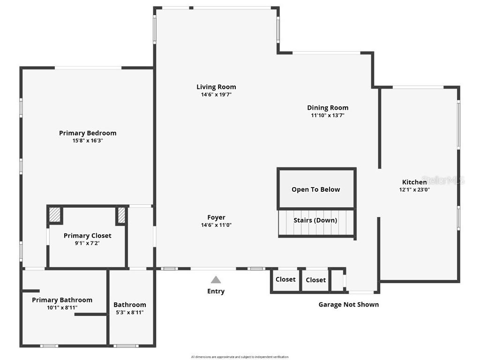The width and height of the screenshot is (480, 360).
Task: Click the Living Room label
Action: click(216, 87)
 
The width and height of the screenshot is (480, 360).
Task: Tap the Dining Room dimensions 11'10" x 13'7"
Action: click(328, 115)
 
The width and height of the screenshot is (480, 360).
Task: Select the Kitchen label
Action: click(414, 182)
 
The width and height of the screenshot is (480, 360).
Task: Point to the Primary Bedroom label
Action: click(88, 133)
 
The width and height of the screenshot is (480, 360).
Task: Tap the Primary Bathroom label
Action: click(62, 300)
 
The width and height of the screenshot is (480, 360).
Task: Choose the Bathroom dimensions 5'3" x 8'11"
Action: click(130, 312)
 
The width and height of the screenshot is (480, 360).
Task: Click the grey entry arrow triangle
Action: click(216, 280)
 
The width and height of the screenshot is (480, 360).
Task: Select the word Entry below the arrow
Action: click(216, 292)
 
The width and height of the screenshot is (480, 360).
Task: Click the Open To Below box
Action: click(316, 189)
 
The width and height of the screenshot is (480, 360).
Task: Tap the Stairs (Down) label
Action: click(315, 220)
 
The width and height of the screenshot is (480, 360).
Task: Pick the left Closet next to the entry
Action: click(285, 279)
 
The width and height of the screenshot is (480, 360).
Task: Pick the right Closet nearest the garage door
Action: click(315, 280)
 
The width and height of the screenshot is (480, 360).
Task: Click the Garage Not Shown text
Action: click(349, 305)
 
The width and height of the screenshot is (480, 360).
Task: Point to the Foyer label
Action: click(216, 217)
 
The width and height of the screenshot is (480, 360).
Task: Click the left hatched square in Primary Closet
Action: click(55, 215)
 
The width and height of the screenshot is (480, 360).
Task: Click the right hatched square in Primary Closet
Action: click(121, 215)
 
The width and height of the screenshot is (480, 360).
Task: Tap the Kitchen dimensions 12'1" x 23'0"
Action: click(414, 190)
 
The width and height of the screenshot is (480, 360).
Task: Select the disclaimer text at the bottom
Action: click(240, 357)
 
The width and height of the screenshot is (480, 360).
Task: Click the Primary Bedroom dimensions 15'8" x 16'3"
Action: click(88, 141)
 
